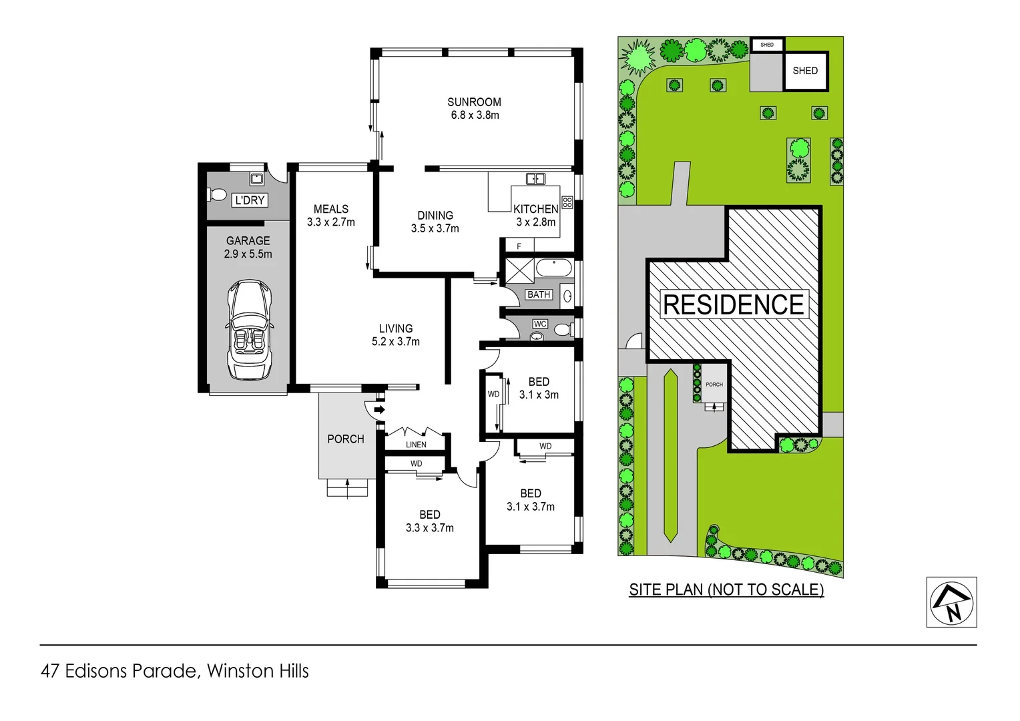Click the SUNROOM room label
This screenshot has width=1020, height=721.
point(474,102)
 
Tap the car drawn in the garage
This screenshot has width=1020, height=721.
point(249,330)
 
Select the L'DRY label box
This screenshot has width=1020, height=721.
point(250,200)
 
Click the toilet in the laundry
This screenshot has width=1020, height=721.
point(216,195)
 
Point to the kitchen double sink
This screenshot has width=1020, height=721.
point(535,179)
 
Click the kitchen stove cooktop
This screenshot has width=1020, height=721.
point(567,202)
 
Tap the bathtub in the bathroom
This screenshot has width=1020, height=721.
point(554,268)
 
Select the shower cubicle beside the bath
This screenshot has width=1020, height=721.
point(519,270)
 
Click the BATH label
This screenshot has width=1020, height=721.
point(539,294)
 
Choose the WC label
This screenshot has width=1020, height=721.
point(540,324)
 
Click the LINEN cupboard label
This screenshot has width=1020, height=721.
point(416,445)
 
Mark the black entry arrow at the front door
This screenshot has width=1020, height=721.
point(379,410)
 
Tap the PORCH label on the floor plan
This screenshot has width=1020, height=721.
point(346,439)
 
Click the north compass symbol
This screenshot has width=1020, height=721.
point(951,603)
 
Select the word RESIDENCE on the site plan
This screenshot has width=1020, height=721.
point(734,304)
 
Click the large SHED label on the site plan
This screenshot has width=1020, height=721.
point(805,71)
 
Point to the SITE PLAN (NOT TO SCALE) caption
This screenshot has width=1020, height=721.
point(726,590)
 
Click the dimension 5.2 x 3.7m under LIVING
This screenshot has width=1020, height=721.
point(396,342)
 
